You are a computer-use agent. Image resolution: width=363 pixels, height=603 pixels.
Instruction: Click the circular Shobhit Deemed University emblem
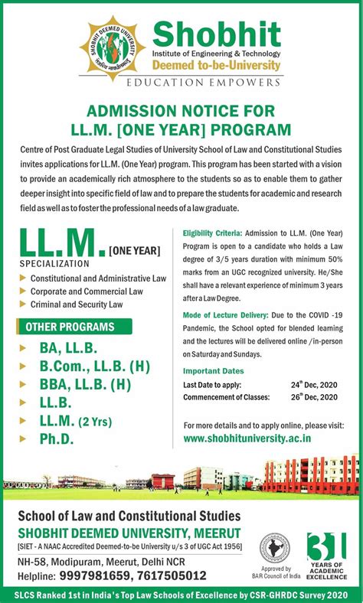(x=113, y=48)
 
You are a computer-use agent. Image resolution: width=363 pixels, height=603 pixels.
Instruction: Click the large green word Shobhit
(x=217, y=33)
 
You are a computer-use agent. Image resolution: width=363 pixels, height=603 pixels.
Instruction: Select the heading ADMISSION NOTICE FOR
(x=181, y=109)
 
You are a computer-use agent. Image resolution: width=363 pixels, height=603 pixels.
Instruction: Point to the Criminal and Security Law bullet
(x=77, y=304)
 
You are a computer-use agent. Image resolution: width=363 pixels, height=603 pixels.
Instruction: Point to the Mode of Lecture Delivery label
(x=225, y=315)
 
